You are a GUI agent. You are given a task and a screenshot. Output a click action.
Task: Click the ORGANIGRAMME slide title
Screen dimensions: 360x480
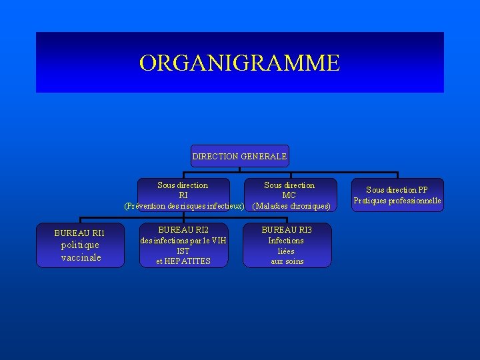[x=239, y=63]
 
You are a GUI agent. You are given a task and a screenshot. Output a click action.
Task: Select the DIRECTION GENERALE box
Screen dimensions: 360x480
[x=239, y=156]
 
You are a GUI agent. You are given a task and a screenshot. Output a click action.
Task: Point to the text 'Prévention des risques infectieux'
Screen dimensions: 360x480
[x=184, y=205]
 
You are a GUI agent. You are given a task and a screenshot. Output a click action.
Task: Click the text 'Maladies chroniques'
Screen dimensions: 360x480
[x=291, y=205]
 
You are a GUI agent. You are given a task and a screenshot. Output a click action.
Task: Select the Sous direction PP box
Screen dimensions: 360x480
[x=397, y=195]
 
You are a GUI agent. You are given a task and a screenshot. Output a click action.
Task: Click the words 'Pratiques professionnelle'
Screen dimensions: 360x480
[x=397, y=201]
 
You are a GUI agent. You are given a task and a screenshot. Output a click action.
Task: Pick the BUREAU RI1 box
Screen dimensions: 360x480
[x=81, y=245]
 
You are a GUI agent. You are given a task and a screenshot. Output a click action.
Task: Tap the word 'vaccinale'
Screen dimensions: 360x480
[x=81, y=257]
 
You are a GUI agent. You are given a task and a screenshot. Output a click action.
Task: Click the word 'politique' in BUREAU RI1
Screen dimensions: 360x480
[x=80, y=245]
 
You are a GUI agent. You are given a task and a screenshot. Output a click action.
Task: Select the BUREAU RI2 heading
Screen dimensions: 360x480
[x=183, y=230]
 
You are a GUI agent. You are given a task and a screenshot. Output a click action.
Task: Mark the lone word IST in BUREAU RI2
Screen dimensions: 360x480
[x=183, y=251]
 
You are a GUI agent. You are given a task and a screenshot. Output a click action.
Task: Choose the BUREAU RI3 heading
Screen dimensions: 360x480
[x=287, y=230]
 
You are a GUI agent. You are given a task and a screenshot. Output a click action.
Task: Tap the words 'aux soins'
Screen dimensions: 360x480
[x=287, y=261]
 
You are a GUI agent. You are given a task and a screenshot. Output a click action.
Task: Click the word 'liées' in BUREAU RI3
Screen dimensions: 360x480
[x=287, y=251]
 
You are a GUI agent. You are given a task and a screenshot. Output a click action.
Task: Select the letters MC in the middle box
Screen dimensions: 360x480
[x=289, y=195]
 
